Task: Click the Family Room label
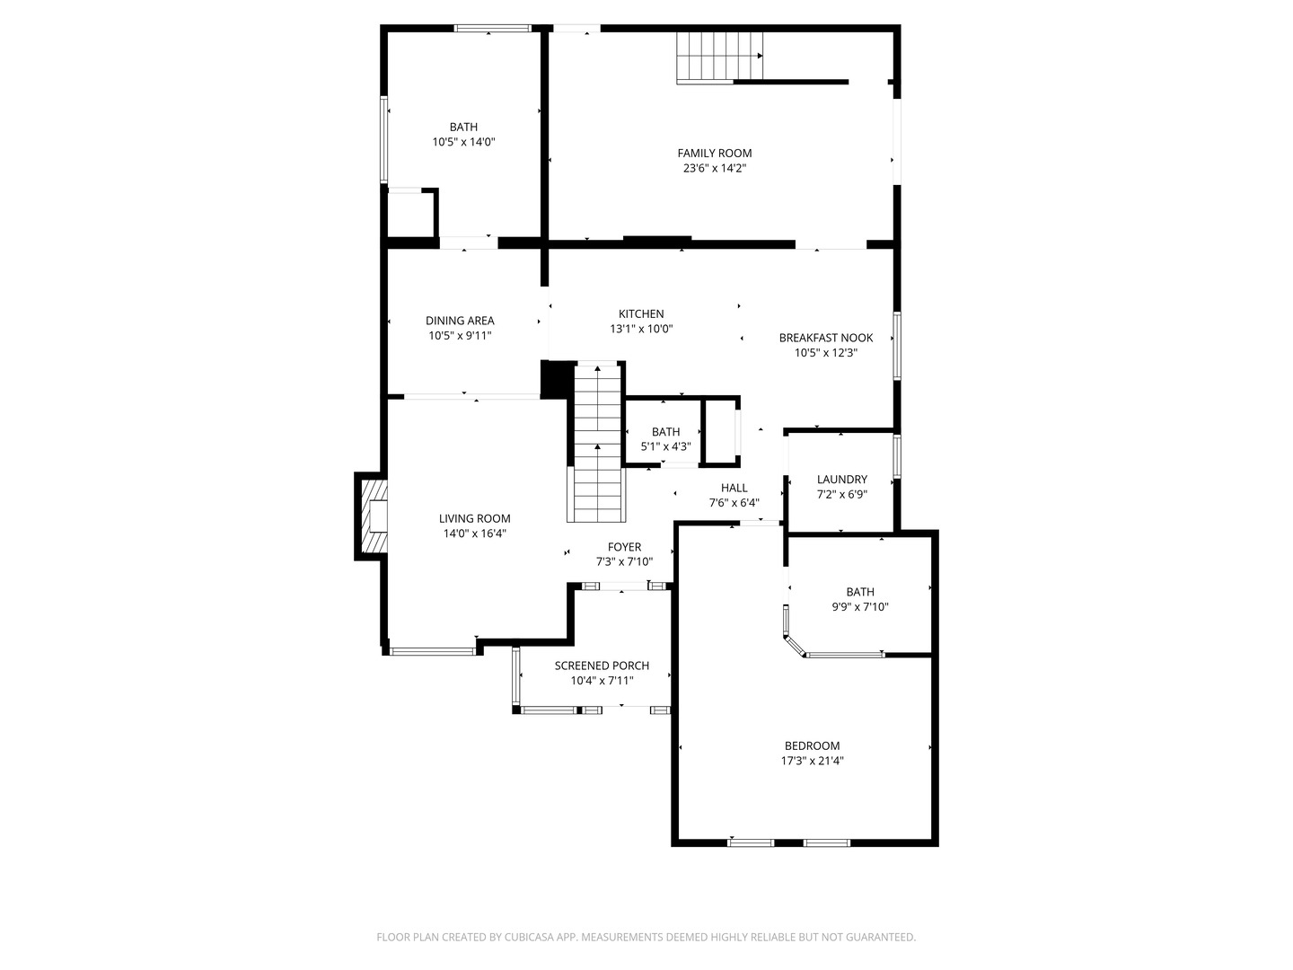[714, 153]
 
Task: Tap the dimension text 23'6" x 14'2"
[714, 169]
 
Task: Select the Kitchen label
[641, 314]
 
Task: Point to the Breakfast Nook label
[825, 338]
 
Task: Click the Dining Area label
[460, 321]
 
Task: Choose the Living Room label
[474, 518]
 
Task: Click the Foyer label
[624, 547]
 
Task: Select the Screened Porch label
[602, 666]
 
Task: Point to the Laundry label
[841, 480]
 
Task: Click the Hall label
[734, 488]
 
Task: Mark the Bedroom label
[812, 745]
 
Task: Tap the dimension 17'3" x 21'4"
[812, 761]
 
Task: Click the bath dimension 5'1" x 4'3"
[665, 446]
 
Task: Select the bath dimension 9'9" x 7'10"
[860, 606]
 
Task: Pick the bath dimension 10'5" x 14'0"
[463, 142]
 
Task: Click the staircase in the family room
[719, 57]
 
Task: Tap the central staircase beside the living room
[597, 443]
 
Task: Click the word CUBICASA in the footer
[530, 937]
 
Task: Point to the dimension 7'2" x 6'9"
[841, 495]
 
